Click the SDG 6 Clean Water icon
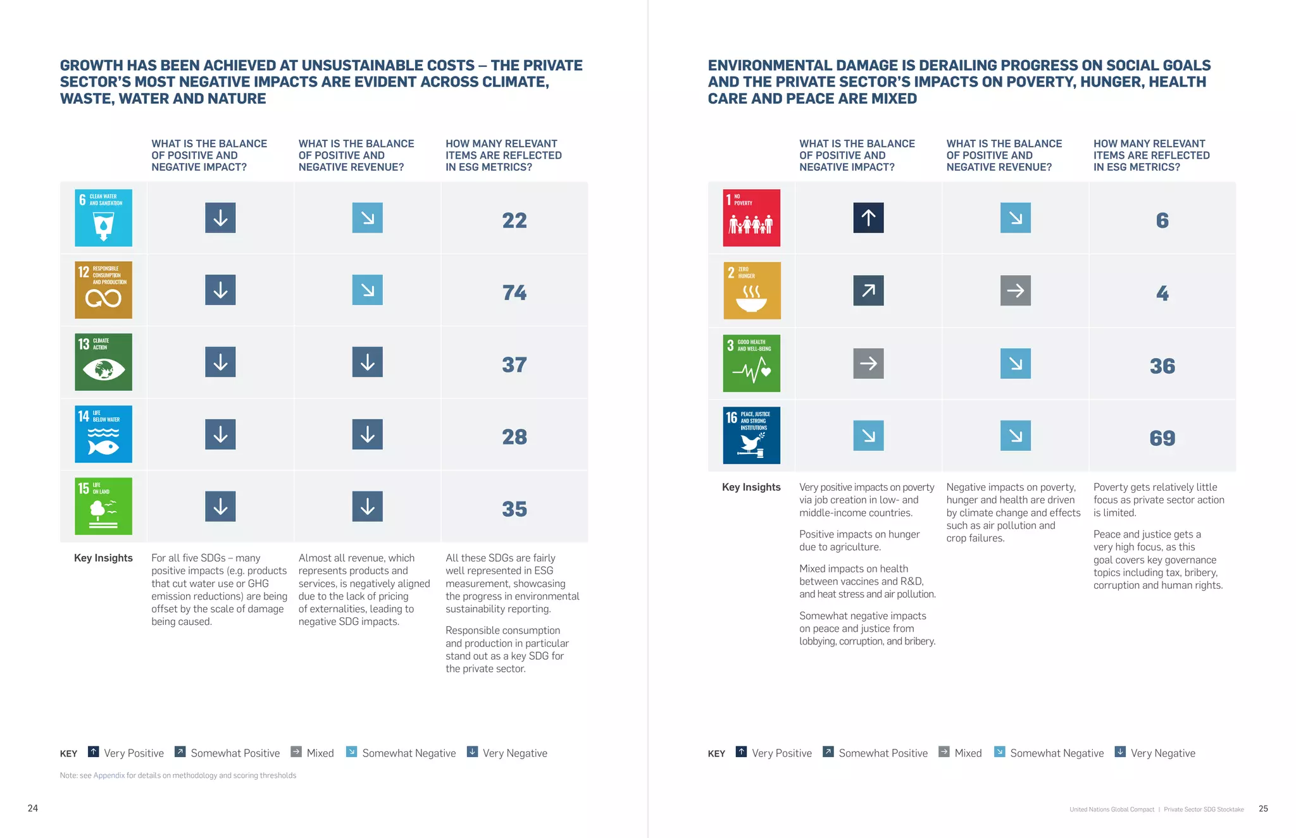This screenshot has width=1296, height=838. (103, 218)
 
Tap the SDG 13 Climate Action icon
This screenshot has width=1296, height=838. (103, 362)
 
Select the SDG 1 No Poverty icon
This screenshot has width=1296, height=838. (751, 218)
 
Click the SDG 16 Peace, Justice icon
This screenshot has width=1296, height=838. (751, 435)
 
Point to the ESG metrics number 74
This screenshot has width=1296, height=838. (514, 292)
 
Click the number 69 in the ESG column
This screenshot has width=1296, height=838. (1162, 438)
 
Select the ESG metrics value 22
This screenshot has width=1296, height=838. (514, 220)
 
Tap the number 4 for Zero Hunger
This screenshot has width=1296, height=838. (1162, 293)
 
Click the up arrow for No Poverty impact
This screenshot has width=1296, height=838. (868, 218)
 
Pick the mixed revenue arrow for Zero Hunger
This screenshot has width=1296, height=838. (1015, 290)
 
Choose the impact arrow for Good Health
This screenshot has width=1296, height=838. (868, 363)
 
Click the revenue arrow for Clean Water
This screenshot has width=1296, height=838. (367, 218)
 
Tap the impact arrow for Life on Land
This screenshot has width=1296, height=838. (220, 506)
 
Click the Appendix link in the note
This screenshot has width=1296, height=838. (109, 775)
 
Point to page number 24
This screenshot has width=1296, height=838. (33, 808)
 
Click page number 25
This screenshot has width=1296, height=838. (1262, 808)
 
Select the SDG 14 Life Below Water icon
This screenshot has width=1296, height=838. (103, 434)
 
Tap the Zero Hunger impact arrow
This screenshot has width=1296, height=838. (868, 290)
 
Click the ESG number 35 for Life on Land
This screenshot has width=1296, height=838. (514, 508)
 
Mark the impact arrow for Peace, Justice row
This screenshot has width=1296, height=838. (868, 435)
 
